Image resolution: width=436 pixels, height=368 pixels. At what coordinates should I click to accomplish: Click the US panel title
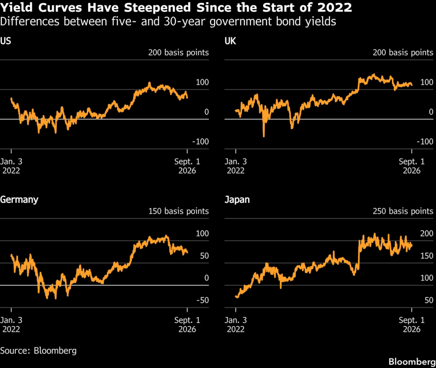pos(5,41)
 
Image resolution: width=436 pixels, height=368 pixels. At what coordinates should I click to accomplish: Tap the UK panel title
pos(230,41)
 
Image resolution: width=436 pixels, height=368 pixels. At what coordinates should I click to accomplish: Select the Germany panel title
pos(19,200)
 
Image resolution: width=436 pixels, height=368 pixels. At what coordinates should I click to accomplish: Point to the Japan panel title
pos(237,200)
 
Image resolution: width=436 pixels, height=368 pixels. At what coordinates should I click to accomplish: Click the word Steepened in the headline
pos(157,8)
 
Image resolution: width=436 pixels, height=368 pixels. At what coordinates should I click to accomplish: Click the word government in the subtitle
pos(241,22)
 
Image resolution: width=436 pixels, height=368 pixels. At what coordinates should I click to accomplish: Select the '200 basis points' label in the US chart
pos(178,52)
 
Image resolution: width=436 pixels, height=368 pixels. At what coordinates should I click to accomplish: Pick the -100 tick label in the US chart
pos(201,142)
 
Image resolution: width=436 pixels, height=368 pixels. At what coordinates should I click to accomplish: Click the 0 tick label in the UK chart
pos(431,112)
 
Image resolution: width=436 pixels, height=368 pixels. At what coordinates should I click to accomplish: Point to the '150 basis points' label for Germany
pos(178,211)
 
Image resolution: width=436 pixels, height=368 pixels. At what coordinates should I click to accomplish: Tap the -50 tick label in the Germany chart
pos(202,300)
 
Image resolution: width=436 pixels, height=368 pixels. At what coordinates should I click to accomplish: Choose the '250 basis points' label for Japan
pos(403,211)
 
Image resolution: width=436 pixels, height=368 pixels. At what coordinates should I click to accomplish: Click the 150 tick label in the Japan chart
pos(427,256)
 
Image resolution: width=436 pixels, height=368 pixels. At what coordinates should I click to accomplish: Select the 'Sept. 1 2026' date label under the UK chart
pos(412,166)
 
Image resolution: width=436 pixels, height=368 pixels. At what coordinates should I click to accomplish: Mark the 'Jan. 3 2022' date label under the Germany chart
pos(11,324)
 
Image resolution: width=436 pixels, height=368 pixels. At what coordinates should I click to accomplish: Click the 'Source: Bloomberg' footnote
pos(38,351)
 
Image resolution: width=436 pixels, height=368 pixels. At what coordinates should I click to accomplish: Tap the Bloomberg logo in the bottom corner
pos(412,362)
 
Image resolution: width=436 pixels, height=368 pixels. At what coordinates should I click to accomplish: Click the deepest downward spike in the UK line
pos(264,136)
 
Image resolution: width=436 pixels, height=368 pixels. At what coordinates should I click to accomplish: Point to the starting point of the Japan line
pos(236,296)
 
